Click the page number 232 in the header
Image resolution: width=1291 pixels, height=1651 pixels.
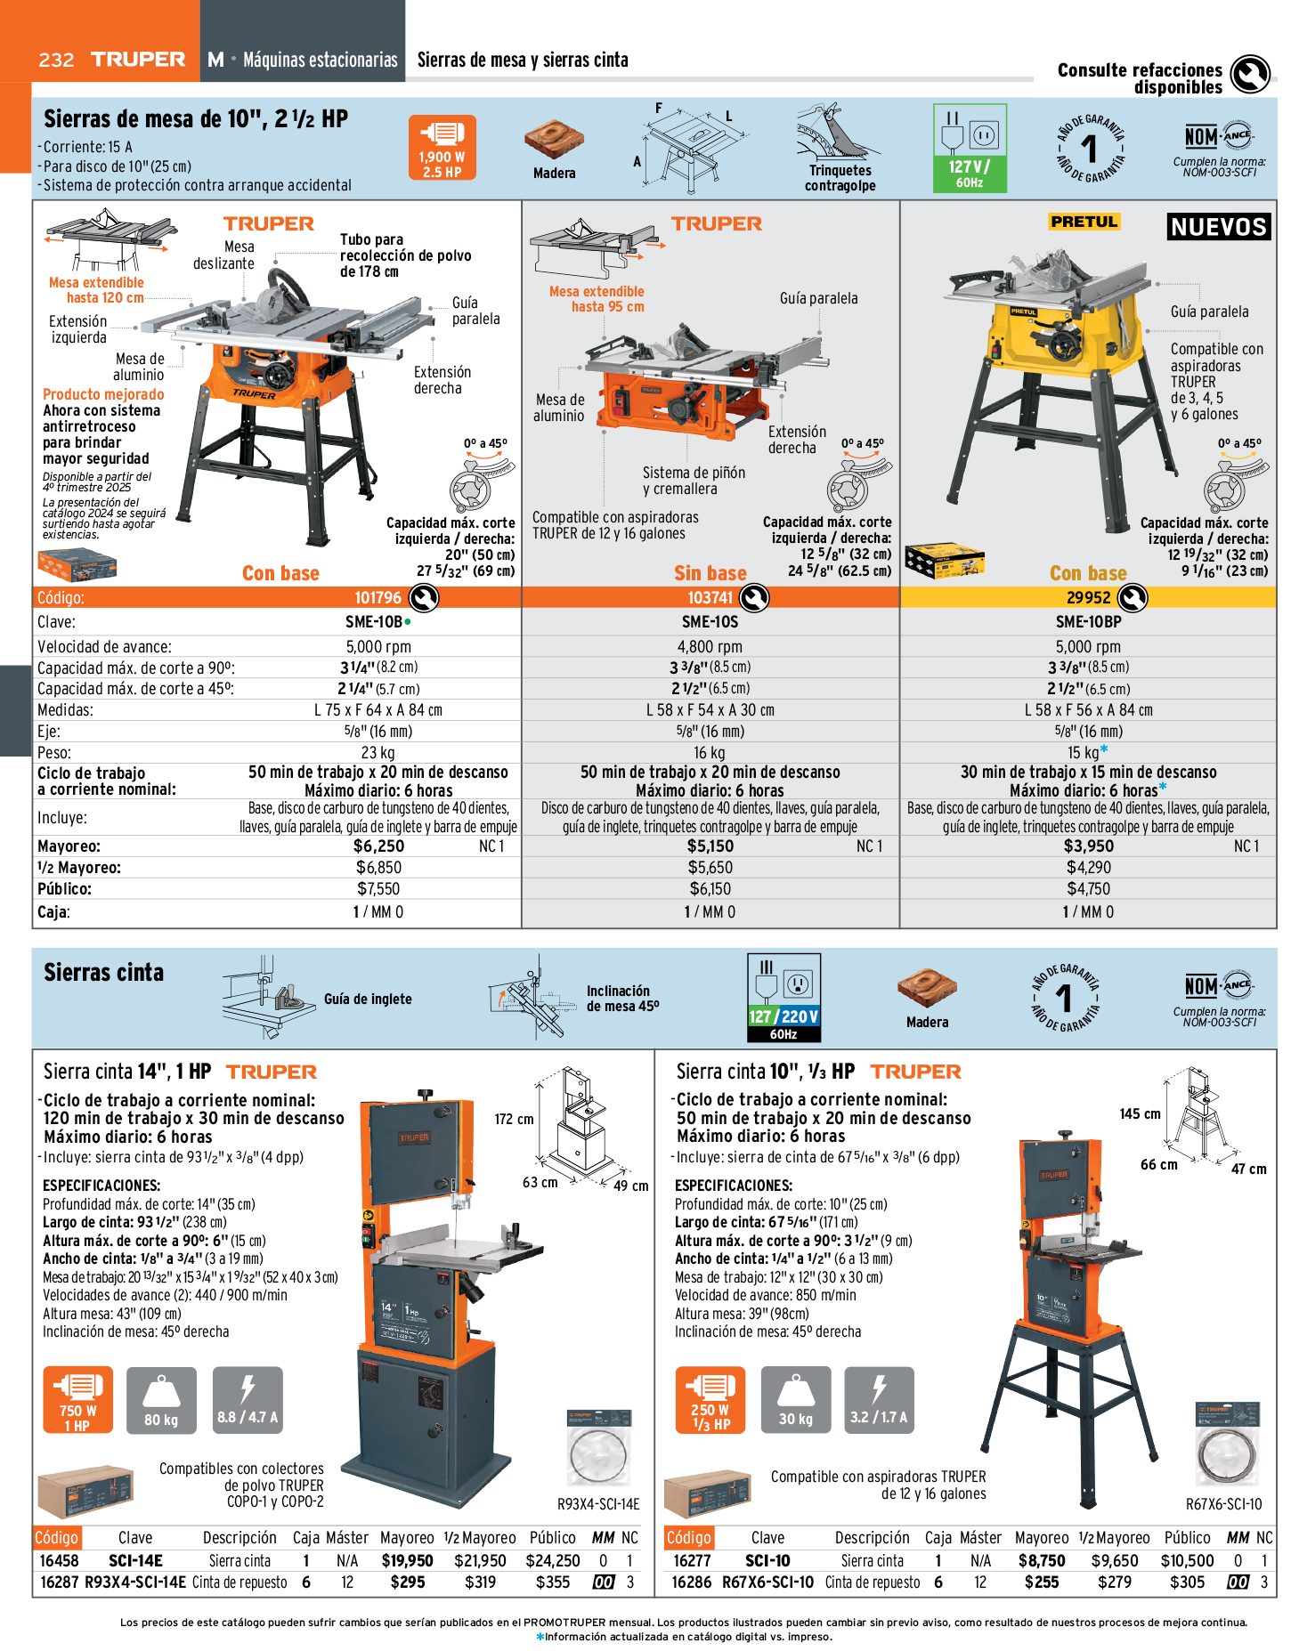(56, 60)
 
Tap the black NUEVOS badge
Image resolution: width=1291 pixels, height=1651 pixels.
(1218, 227)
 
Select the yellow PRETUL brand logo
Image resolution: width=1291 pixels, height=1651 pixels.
(1084, 222)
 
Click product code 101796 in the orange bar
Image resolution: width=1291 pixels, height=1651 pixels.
(378, 598)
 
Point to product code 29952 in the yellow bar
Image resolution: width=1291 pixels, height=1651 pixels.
(1088, 598)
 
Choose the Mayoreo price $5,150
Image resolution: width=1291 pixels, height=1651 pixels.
(710, 846)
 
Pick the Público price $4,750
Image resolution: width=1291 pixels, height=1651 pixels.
(1088, 889)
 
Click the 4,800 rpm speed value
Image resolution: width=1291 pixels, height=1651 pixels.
(710, 647)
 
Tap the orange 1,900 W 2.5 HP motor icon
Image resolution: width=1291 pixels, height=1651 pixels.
(442, 147)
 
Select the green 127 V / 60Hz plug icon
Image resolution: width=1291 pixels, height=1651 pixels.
(970, 148)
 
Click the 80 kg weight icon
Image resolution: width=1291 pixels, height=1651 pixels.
(160, 1400)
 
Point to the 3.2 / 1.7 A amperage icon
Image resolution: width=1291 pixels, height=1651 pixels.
(879, 1400)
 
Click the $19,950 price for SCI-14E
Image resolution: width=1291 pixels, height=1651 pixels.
(407, 1561)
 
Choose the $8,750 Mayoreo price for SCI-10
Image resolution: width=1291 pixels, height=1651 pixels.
(1042, 1561)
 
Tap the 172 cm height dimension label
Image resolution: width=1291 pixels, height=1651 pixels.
(514, 1120)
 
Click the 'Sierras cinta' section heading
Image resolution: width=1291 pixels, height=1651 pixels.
(104, 973)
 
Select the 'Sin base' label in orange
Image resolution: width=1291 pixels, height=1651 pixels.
(710, 573)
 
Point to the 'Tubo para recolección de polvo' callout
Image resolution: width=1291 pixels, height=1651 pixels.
(405, 255)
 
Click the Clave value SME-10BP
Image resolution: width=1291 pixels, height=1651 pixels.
(1088, 622)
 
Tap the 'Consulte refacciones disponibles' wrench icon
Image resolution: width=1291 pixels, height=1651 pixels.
(1250, 75)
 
